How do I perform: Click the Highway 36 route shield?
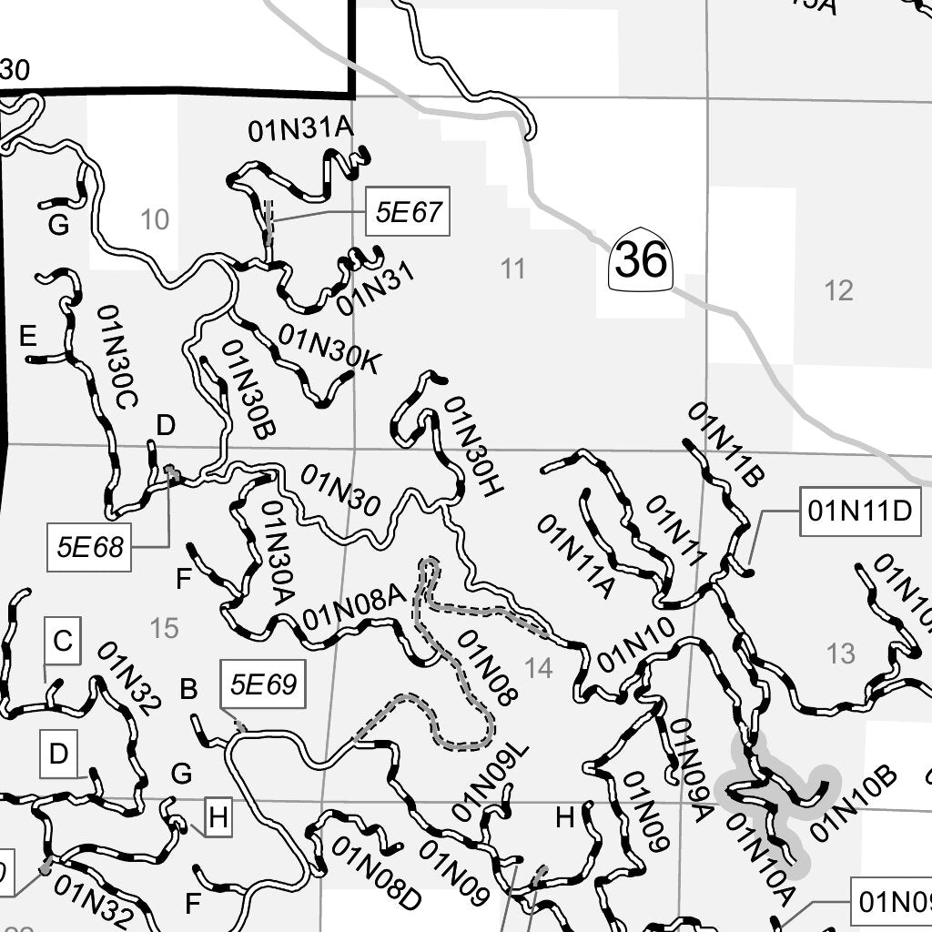(x=641, y=260)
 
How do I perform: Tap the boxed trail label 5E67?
(x=408, y=213)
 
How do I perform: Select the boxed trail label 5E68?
(x=89, y=547)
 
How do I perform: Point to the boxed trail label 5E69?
(x=263, y=684)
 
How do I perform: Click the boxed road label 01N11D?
(x=859, y=512)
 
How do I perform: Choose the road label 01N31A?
(x=299, y=130)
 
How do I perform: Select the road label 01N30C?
(x=117, y=356)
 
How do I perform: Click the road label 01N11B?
(x=726, y=444)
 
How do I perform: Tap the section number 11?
(x=513, y=268)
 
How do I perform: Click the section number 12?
(x=838, y=290)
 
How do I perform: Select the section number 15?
(x=165, y=628)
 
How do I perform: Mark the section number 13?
(x=841, y=653)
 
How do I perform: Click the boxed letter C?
(x=62, y=641)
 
